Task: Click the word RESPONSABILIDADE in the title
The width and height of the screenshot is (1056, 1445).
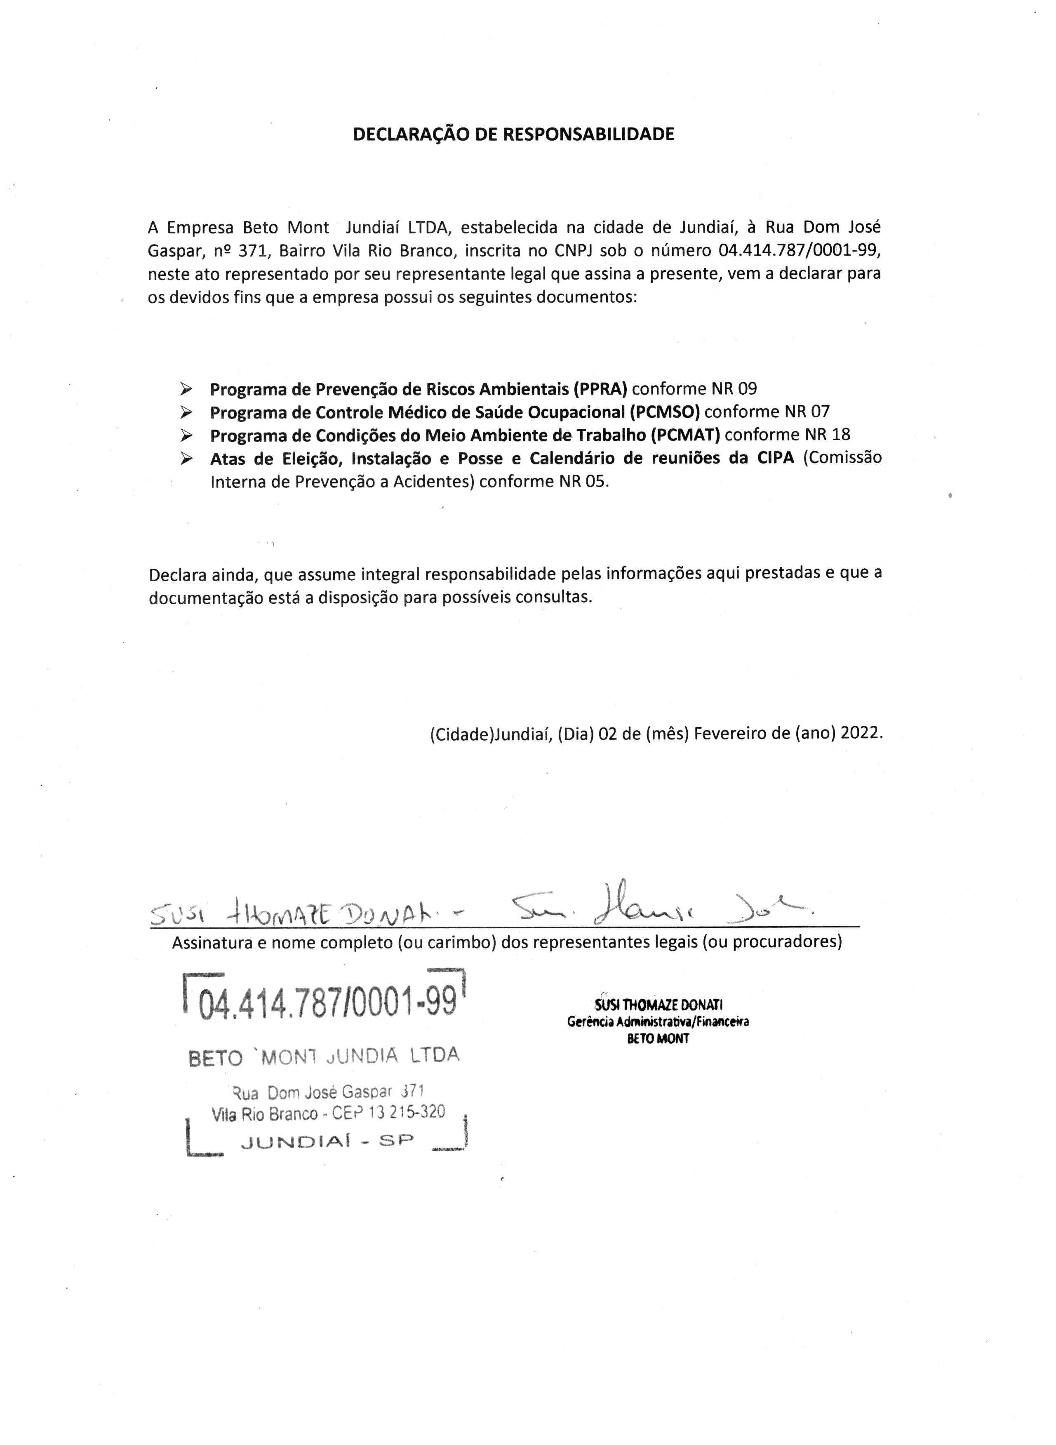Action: [589, 134]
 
